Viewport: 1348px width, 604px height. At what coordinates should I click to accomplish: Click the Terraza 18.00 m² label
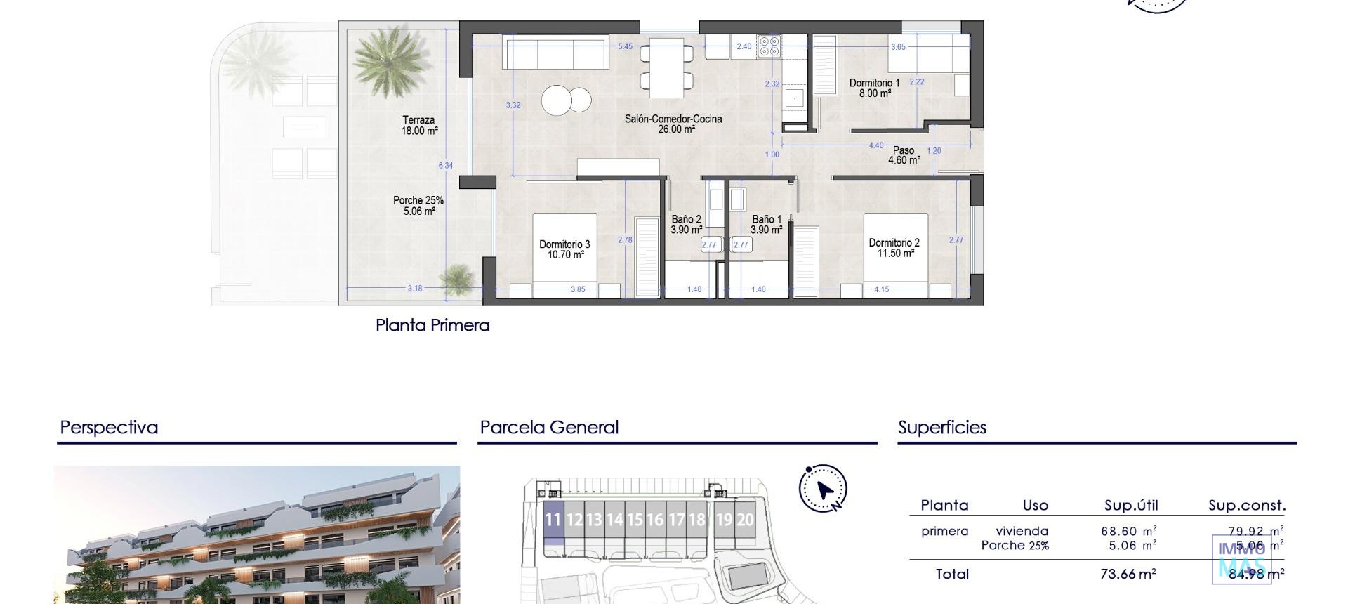tap(419, 125)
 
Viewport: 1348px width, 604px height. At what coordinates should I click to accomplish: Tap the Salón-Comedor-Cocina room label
tap(673, 124)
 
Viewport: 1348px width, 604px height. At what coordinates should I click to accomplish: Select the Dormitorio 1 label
tap(873, 88)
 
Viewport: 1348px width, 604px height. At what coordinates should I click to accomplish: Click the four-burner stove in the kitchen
tap(770, 48)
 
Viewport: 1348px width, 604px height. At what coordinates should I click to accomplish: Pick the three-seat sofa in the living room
tap(555, 54)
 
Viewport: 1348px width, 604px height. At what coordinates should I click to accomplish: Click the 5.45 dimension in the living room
tap(625, 46)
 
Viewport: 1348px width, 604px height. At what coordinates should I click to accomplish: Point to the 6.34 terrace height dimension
tap(446, 166)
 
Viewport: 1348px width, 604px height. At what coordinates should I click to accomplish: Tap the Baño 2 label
tap(686, 224)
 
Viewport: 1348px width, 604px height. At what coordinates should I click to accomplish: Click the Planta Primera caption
tap(432, 325)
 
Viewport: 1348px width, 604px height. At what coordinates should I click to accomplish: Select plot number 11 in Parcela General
tap(553, 520)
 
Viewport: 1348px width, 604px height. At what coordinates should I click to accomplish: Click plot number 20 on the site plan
tap(745, 520)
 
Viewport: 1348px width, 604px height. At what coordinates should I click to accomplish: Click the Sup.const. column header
tap(1246, 506)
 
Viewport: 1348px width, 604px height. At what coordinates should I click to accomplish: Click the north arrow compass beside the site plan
tap(823, 488)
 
